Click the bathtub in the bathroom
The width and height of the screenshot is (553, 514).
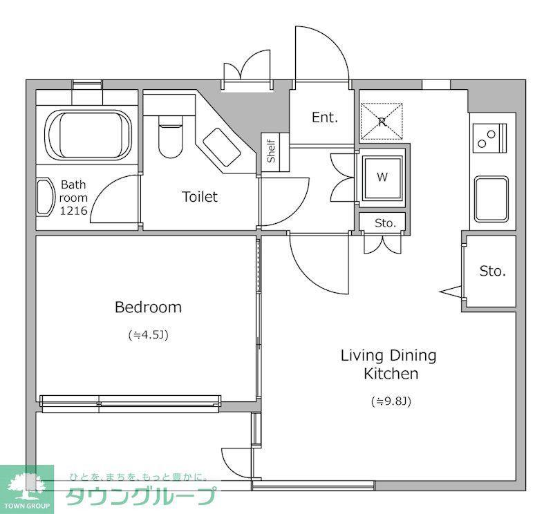coord(88,135)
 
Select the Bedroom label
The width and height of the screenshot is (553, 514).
coord(148,307)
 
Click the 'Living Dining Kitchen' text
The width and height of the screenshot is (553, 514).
coord(388,364)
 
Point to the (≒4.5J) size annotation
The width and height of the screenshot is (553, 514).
coord(148,334)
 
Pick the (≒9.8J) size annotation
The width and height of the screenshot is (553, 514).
coord(391,401)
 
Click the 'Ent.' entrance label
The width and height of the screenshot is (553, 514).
coord(325,117)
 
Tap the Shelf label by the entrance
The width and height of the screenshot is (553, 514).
coord(271,151)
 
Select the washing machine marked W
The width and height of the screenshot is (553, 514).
coord(383,178)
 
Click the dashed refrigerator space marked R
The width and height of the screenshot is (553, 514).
coord(382,122)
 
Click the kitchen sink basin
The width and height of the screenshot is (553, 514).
coord(491,199)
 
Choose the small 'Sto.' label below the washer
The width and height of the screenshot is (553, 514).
coord(385,223)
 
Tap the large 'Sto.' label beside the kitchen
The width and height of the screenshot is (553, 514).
coord(493,271)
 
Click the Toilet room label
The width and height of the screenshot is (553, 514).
coord(200,197)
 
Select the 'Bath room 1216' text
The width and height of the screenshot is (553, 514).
coord(73,198)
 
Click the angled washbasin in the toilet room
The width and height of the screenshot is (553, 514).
coord(221,147)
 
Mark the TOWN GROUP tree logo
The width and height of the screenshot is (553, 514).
coord(27,489)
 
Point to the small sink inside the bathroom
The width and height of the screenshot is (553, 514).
coord(44,197)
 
